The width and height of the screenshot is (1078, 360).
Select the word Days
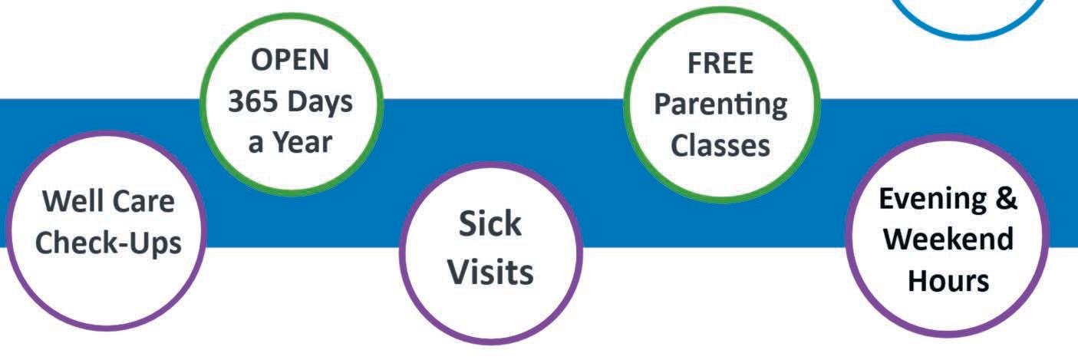click(x=322, y=102)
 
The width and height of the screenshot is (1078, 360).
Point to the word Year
click(x=303, y=143)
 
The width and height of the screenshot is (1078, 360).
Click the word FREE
click(x=720, y=64)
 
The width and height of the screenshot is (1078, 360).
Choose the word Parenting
click(x=720, y=105)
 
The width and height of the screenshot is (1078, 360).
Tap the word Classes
click(x=720, y=144)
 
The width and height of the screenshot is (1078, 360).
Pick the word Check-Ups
click(x=108, y=243)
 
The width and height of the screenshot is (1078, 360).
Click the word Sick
click(x=490, y=225)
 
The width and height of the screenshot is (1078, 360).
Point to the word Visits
click(x=490, y=272)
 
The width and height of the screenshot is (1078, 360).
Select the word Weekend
click(x=948, y=239)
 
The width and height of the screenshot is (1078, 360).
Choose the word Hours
click(x=948, y=280)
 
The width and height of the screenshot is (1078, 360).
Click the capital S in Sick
click(x=467, y=225)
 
